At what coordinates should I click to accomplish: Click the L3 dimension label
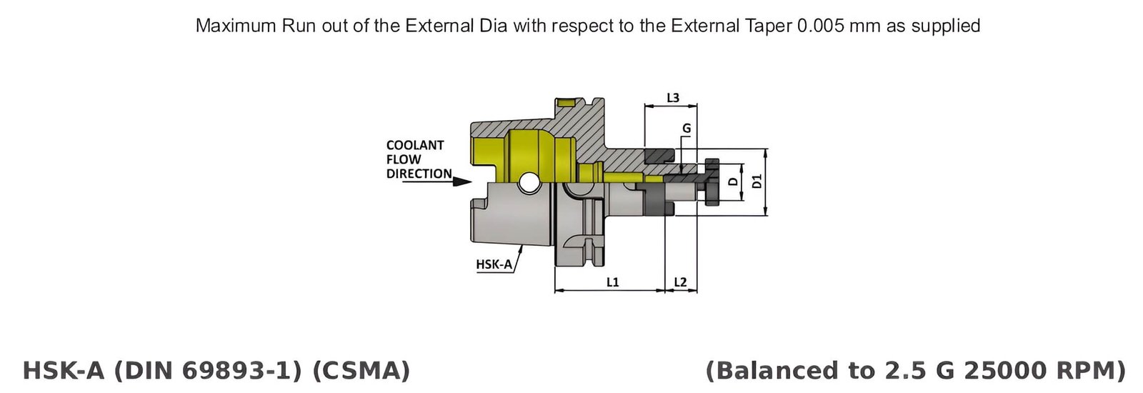(x=672, y=98)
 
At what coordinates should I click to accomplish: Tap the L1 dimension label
(x=612, y=282)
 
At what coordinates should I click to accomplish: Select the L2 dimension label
(x=680, y=282)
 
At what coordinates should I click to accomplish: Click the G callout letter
(x=687, y=129)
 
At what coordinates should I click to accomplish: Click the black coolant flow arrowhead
(x=463, y=181)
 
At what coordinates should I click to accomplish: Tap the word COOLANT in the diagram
(x=415, y=145)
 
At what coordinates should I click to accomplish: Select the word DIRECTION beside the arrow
(x=419, y=174)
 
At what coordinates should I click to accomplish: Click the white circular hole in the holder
(x=529, y=183)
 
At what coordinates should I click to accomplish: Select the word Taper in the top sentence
(x=771, y=26)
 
